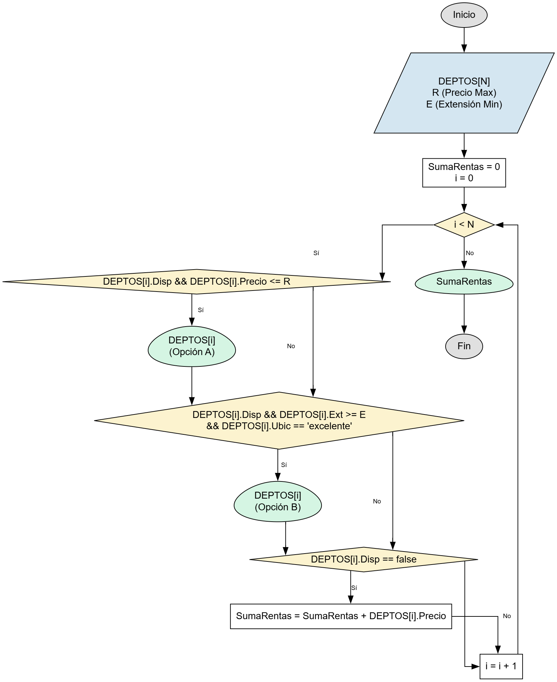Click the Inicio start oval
pos(464,15)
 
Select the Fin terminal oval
pos(464,346)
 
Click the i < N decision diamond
pos(464,225)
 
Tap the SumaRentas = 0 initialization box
pos(464,172)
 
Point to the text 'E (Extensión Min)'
pos(464,104)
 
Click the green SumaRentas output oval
pos(464,282)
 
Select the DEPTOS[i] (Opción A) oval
pos(192,346)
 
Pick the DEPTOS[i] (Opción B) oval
pos(277,501)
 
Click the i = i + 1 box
pos(501,666)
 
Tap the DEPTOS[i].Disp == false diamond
pos(363,559)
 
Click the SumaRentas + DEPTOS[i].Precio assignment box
pos(341,616)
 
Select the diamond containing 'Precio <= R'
pos(196,282)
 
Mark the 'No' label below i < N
pos(470,253)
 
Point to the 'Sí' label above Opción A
pos(201,310)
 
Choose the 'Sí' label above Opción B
pos(284,465)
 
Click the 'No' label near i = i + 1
pos(507,616)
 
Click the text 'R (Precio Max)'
pos(464,93)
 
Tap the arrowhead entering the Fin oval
pos(464,330)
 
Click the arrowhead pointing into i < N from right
pos(499,225)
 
